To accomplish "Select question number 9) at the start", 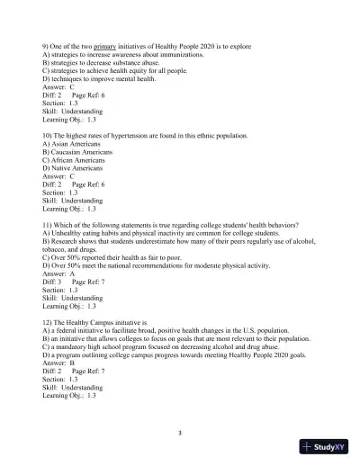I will [x=46, y=46].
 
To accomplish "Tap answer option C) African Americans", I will [x=78, y=159].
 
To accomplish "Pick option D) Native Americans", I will [x=76, y=167].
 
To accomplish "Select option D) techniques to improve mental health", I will [x=112, y=77].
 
